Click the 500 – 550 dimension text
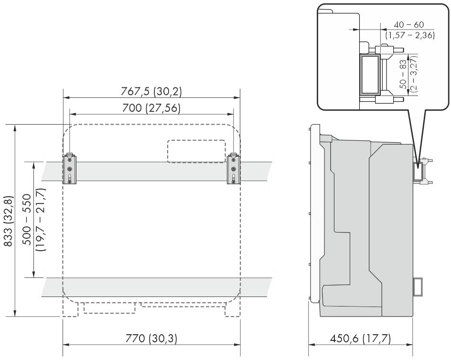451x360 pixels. (x=27, y=220)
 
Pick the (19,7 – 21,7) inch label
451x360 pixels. (x=41, y=220)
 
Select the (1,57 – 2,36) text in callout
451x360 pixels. (x=410, y=35)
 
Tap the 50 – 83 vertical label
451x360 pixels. (x=403, y=74)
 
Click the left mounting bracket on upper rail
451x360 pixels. (x=69, y=169)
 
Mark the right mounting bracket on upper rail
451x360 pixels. (x=234, y=169)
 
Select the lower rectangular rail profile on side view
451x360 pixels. (x=418, y=286)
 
